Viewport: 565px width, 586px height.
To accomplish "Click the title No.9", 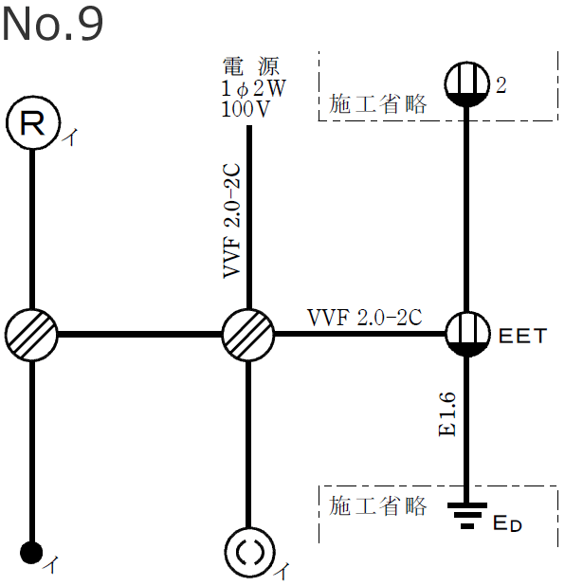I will click(x=52, y=26).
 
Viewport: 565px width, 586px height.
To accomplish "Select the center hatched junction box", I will click(x=248, y=334).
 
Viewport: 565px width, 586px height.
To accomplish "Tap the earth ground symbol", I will click(x=465, y=515).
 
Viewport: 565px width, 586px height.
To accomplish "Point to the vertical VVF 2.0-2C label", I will click(x=231, y=224).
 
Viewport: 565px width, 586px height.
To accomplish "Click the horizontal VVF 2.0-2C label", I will click(x=365, y=316).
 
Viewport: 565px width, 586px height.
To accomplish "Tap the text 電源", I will click(x=250, y=66).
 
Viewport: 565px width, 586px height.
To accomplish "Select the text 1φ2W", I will click(x=250, y=87).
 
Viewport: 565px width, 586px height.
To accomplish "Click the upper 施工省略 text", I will click(x=378, y=104).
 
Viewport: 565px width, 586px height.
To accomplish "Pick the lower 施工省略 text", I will click(x=378, y=504).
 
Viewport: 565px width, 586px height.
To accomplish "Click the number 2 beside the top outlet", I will click(x=501, y=85).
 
